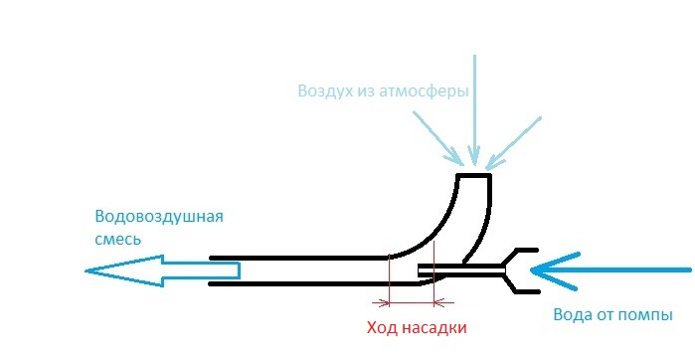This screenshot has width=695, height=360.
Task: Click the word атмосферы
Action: [x=424, y=91]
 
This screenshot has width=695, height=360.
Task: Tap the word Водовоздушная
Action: [x=159, y=217]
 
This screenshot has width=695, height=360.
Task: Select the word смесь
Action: [x=118, y=240]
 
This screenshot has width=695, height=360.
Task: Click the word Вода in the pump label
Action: [x=572, y=315]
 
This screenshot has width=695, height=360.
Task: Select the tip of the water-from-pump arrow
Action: [x=532, y=270]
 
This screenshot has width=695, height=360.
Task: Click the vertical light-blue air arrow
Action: [x=474, y=110]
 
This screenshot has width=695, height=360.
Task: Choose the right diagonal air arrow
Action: [x=514, y=143]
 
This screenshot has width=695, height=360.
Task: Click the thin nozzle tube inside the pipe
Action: [x=462, y=270]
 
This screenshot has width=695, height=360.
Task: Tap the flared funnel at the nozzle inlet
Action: [x=521, y=270]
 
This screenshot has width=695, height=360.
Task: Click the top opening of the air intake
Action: [x=474, y=175]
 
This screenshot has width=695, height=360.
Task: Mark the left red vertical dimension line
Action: [x=389, y=280]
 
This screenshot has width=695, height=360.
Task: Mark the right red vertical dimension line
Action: [x=434, y=273]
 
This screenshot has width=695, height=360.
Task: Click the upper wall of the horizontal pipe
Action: [x=298, y=258]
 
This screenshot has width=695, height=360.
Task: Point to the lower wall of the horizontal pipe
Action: [x=315, y=283]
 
